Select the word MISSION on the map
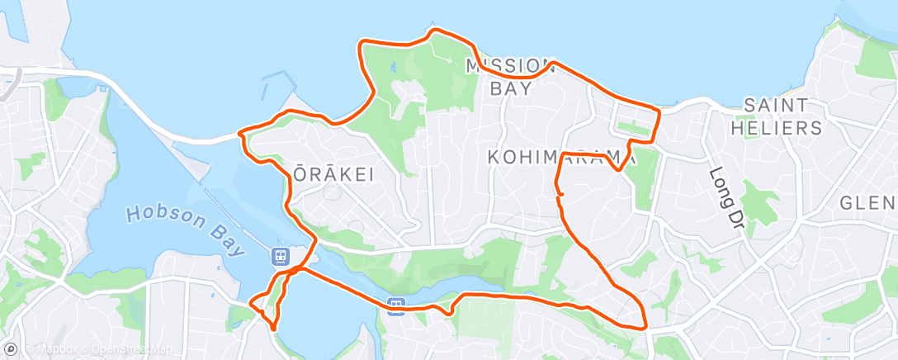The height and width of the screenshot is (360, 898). pos(512,65)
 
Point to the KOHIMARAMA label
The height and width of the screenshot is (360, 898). pos(561,157)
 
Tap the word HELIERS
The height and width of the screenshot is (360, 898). pos(782,128)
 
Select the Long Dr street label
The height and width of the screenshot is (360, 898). pos(725,198)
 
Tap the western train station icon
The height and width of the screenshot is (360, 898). pos(281,256)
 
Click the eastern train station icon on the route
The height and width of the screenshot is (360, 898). pos(397,306)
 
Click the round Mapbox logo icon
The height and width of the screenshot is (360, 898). pos(10,350)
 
